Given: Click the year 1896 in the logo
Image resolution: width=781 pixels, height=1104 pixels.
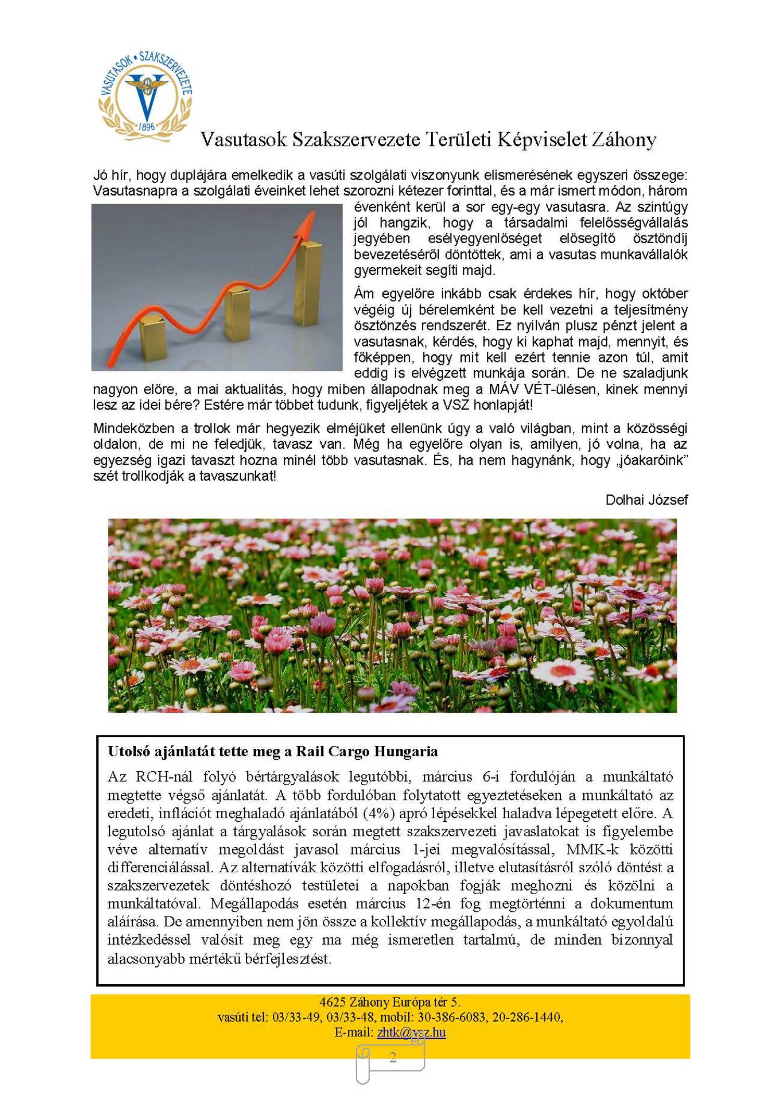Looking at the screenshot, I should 147,127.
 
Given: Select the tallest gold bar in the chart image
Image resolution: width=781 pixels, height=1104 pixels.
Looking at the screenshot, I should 308,284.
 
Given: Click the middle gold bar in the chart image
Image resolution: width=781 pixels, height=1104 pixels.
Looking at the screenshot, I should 239,312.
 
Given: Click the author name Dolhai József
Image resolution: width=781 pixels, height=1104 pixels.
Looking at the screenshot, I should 646,500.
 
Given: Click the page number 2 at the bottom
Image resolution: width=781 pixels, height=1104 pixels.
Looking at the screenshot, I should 393,1057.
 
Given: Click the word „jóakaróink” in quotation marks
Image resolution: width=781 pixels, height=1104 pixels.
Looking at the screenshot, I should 650,460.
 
